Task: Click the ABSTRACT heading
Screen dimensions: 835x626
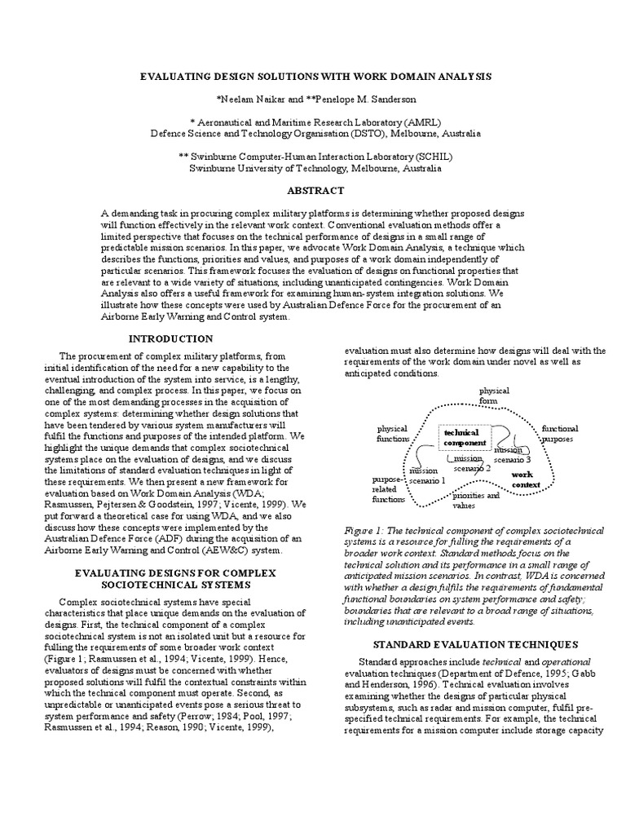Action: [313, 190]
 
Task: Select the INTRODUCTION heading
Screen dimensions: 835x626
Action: [171, 338]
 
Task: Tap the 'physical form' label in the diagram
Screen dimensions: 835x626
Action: [493, 395]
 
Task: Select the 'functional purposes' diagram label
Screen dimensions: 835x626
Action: [560, 433]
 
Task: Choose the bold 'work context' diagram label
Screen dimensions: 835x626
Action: [526, 479]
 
